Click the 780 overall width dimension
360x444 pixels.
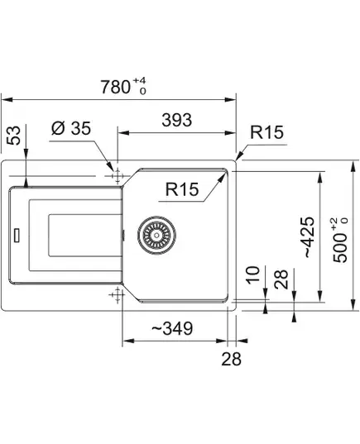click(x=115, y=87)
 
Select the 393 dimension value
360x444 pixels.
click(x=177, y=120)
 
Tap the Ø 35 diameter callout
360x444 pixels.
click(x=71, y=128)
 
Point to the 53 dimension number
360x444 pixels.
click(x=14, y=136)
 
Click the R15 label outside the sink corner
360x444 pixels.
click(x=266, y=132)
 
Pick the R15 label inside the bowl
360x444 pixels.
click(x=182, y=189)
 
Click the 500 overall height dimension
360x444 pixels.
click(x=340, y=248)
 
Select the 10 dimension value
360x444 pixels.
click(x=252, y=275)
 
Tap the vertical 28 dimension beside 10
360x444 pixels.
click(x=281, y=279)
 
